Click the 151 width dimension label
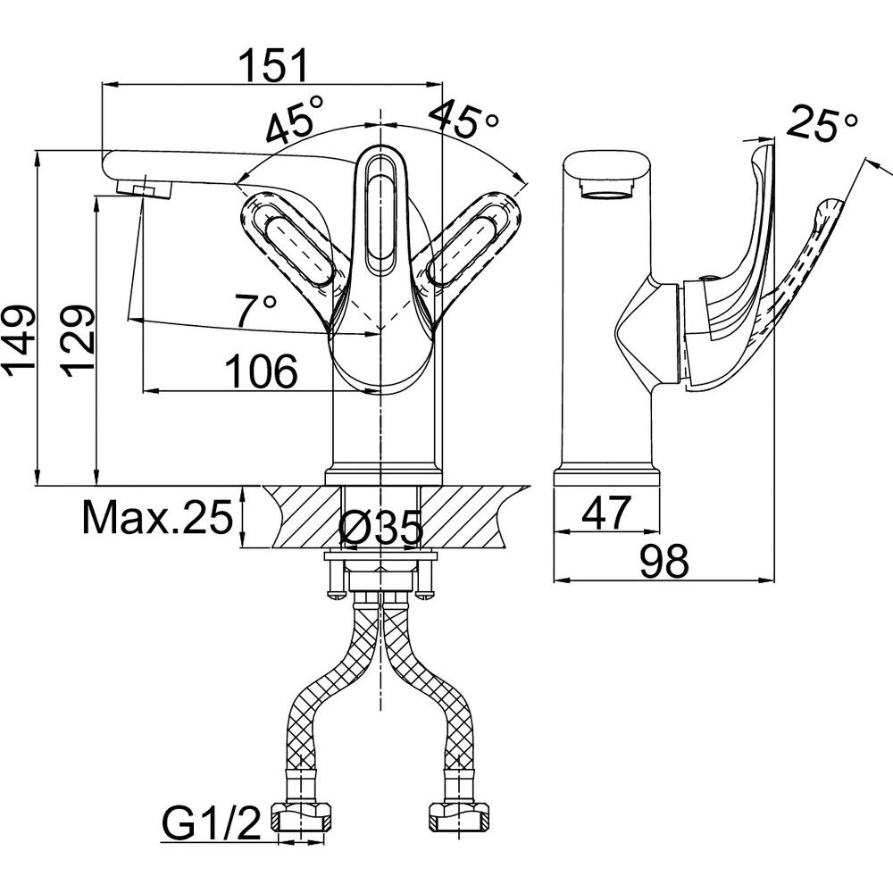click(x=272, y=65)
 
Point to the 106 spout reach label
click(x=262, y=371)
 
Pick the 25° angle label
click(x=822, y=123)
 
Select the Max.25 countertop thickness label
click(x=158, y=517)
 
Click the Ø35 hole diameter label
click(x=381, y=528)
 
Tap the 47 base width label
click(x=606, y=513)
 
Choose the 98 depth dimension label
click(x=664, y=561)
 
